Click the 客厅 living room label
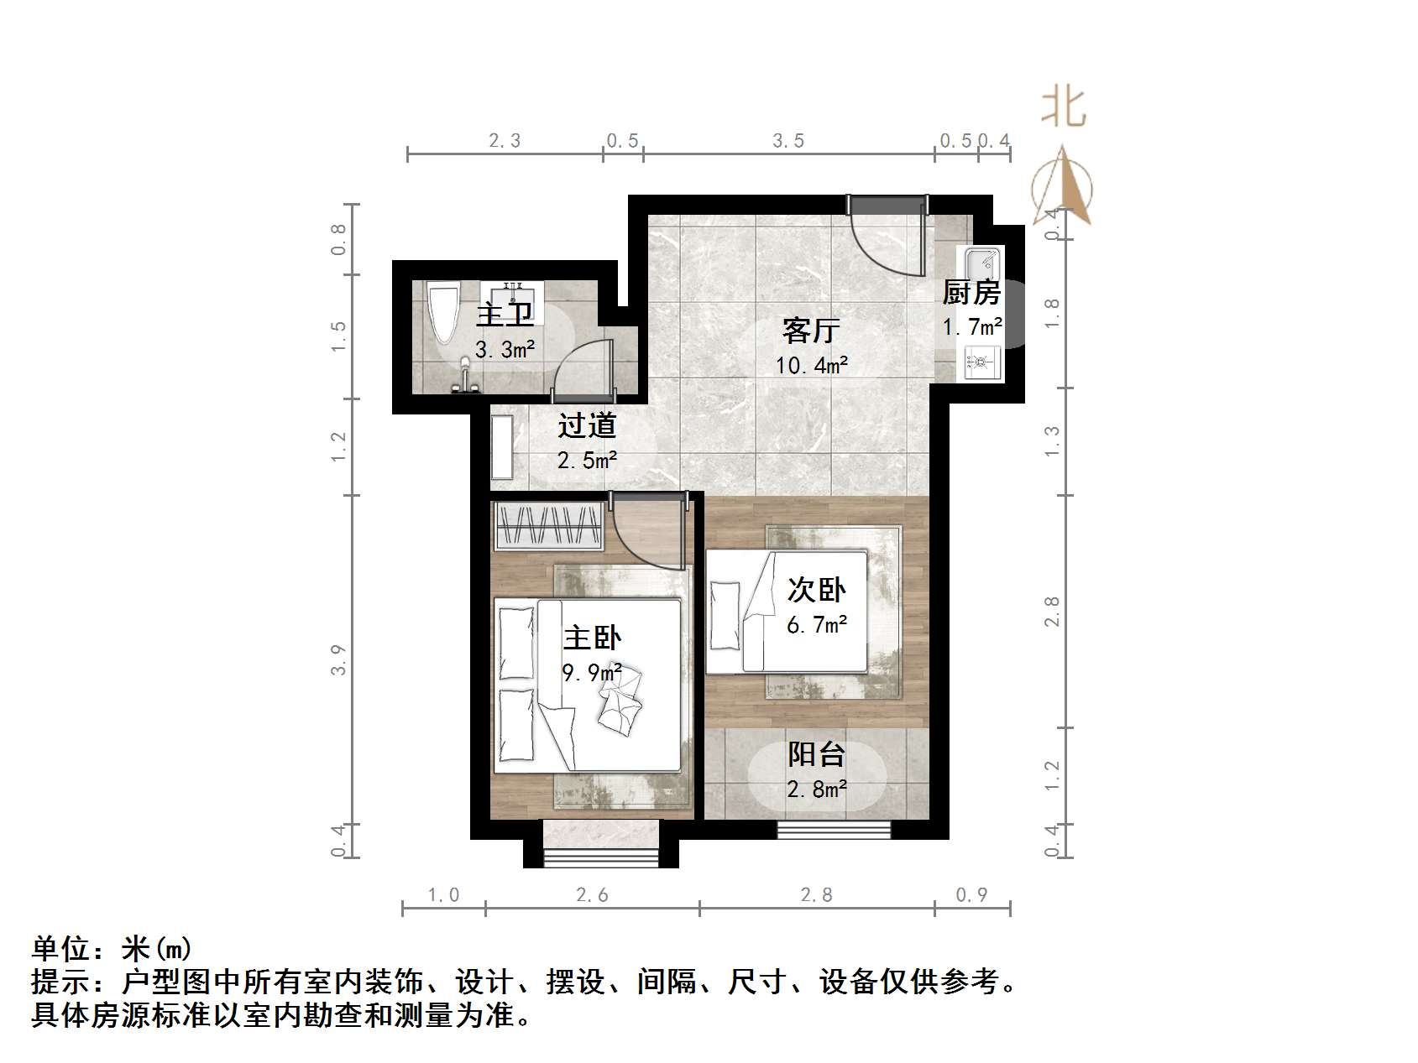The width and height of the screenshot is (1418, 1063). click(x=810, y=330)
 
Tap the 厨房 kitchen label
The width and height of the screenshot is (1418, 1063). click(x=971, y=293)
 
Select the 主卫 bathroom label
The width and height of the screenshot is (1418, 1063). click(x=505, y=315)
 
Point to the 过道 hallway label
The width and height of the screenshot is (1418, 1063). click(x=587, y=425)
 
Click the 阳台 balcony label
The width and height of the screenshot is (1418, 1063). click(x=816, y=754)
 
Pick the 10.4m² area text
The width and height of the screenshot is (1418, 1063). click(x=812, y=366)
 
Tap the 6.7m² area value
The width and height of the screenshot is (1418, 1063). click(x=816, y=625)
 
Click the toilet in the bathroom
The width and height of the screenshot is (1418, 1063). click(x=444, y=314)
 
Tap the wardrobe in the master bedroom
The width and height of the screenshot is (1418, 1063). click(x=549, y=526)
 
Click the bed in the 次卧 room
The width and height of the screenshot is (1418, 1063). click(x=786, y=612)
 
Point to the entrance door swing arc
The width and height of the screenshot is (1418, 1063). click(x=886, y=239)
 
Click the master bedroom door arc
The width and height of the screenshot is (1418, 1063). click(x=646, y=533)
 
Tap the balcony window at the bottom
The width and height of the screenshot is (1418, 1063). click(x=833, y=830)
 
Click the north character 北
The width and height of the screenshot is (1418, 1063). click(x=1064, y=108)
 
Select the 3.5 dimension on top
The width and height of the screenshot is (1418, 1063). click(x=788, y=141)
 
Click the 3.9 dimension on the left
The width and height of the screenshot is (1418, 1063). click(x=338, y=659)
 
